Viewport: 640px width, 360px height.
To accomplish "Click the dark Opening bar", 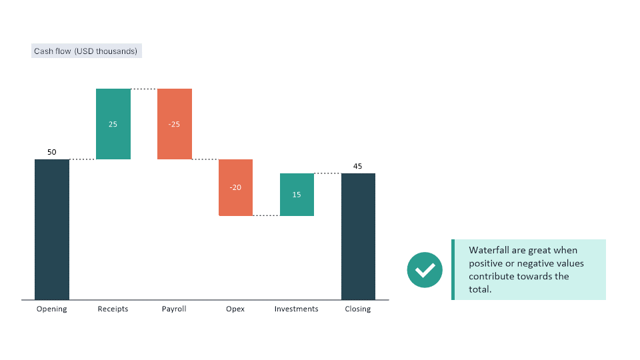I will click(52, 230).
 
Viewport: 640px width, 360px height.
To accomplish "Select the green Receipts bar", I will click(113, 107).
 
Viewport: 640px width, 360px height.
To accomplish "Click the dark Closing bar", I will click(358, 237).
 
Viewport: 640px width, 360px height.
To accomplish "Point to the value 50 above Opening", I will click(52, 152).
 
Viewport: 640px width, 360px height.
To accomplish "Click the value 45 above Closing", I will click(358, 166).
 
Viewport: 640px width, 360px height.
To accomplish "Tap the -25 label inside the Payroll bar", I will click(175, 124).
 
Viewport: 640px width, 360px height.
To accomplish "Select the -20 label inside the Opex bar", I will click(235, 187).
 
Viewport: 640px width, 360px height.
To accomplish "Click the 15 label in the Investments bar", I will click(297, 195).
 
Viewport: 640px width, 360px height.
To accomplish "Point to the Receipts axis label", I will click(113, 309).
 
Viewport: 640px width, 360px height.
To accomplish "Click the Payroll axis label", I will click(174, 309).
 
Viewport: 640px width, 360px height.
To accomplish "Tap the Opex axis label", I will click(235, 309).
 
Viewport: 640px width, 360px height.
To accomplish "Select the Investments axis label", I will click(297, 309).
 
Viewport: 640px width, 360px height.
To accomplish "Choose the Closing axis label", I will click(358, 309).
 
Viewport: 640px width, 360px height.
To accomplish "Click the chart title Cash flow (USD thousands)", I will click(86, 51).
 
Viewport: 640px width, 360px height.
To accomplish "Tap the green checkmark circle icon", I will click(425, 270).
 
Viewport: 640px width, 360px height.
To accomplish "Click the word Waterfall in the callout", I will click(489, 251).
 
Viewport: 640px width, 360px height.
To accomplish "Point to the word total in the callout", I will click(480, 289).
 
